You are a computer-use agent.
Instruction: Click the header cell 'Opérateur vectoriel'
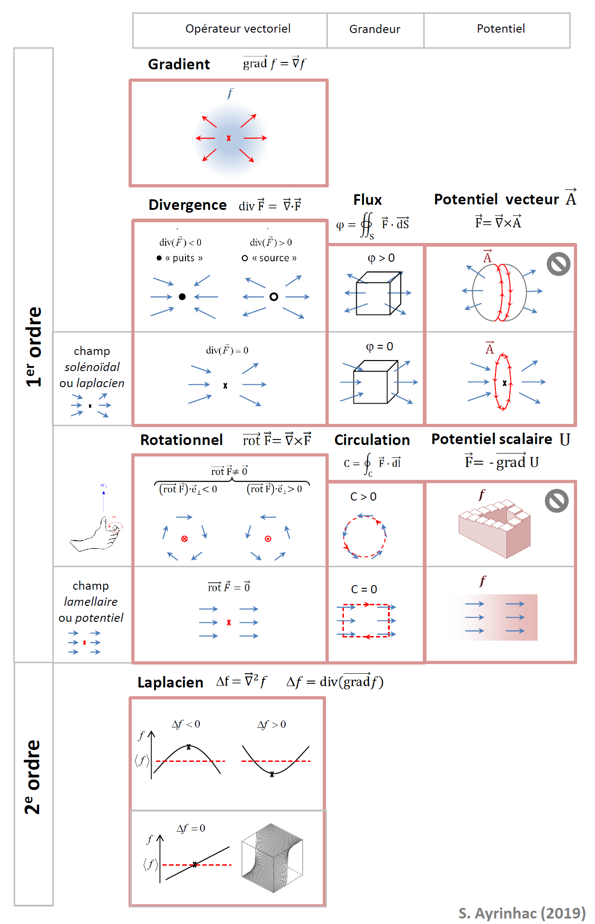coord(238,29)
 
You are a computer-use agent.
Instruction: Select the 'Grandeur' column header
coord(375,29)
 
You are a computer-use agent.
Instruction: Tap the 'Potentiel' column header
coord(500,29)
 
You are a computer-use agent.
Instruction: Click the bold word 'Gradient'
coord(179,64)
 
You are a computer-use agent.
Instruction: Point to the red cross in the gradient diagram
coord(229,138)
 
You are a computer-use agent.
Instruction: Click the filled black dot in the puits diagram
coord(182,297)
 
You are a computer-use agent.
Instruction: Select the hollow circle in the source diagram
coord(274,297)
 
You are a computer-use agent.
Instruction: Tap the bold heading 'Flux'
coord(367,200)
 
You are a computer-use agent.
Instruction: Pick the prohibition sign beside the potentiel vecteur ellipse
coord(558,264)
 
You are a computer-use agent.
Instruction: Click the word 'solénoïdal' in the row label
coord(92,367)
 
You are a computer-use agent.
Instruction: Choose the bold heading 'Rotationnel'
coord(181,440)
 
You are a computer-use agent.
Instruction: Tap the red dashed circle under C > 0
coord(365,536)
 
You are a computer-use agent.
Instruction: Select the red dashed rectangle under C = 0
coord(366,620)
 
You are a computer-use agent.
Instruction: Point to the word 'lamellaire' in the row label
coord(91,602)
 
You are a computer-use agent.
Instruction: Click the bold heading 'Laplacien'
coord(170,682)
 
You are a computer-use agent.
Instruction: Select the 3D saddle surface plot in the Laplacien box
coord(272,858)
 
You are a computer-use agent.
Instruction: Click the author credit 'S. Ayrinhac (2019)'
coord(522,913)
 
